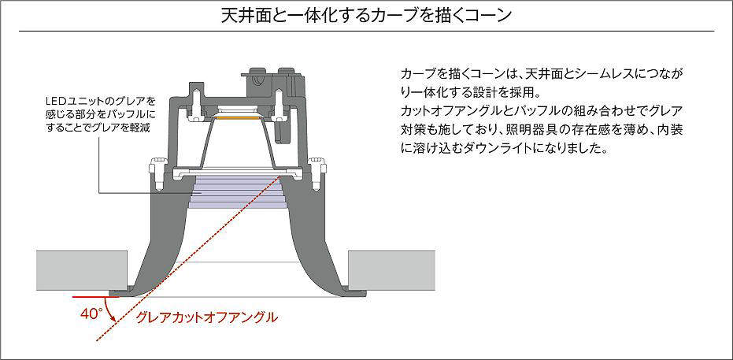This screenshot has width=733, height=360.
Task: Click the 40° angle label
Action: click(91, 313)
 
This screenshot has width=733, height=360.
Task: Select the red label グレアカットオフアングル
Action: click(206, 317)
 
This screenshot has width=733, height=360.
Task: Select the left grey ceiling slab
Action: click(82, 270)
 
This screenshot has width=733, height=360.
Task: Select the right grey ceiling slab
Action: click(391, 270)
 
